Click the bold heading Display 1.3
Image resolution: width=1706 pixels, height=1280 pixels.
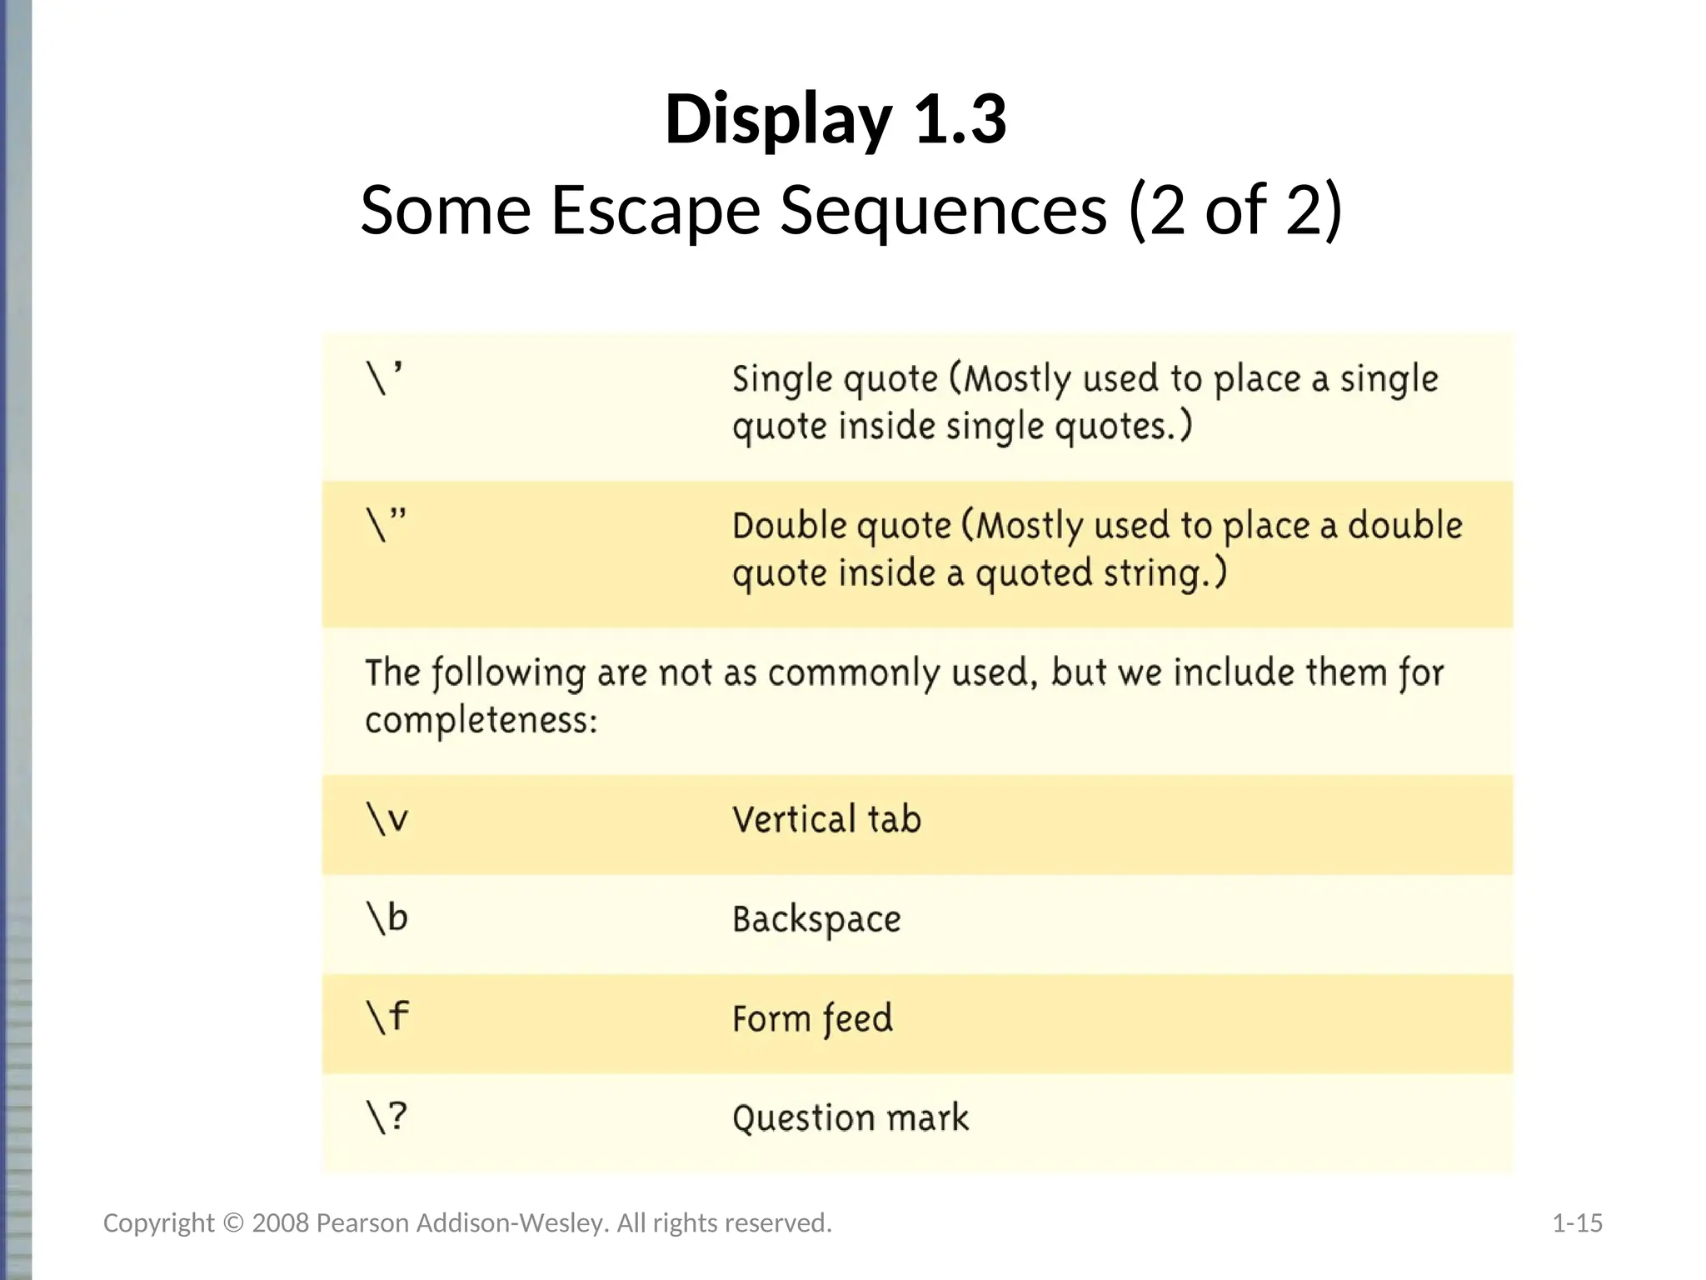836,120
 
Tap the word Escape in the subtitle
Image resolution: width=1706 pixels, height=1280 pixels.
656,210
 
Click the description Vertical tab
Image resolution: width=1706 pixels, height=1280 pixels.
826,819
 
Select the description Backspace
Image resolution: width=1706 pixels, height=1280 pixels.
816,919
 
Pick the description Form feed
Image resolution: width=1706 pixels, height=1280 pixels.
812,1018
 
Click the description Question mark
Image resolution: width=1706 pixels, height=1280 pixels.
851,1118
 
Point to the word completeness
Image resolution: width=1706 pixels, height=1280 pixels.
481,720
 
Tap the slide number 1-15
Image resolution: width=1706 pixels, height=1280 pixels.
1577,1223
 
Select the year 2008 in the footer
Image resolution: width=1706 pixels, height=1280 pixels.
281,1223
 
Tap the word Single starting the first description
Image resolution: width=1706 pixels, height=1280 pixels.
781,379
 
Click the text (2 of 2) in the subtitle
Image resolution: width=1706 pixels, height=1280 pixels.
1235,210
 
